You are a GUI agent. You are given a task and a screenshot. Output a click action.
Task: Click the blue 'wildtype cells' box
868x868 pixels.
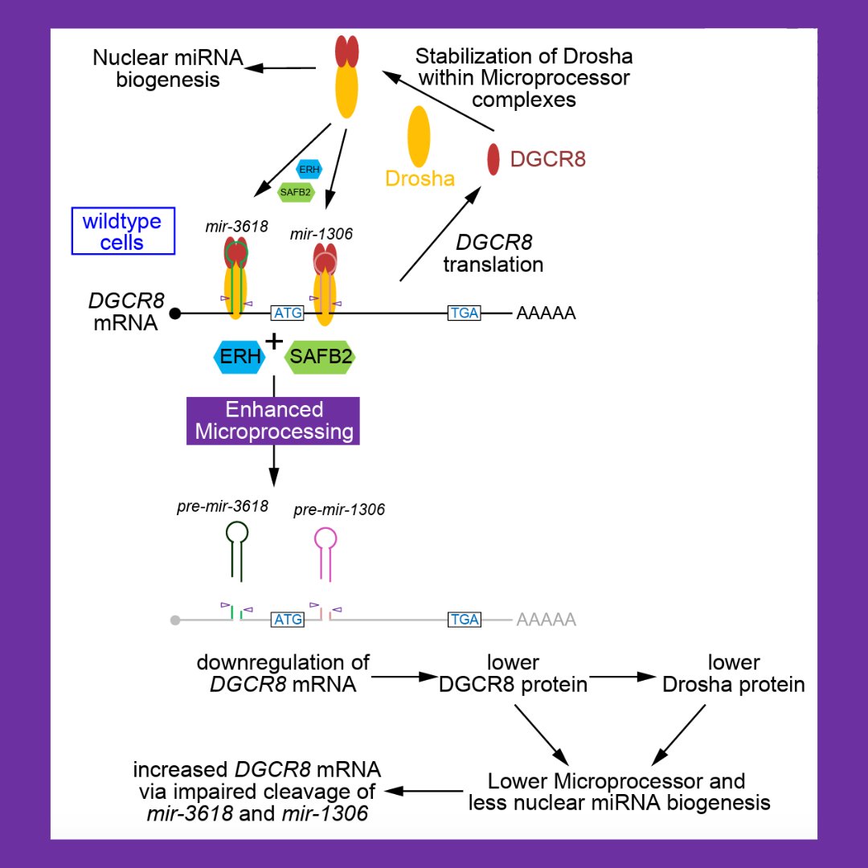122,231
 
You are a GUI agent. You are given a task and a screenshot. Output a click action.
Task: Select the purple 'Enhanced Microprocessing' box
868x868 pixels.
274,420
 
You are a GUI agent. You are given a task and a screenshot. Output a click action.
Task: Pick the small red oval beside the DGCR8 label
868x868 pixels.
493,159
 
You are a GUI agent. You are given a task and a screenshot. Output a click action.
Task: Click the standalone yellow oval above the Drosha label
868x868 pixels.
419,137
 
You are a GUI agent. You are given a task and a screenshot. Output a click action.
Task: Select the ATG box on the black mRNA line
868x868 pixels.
288,313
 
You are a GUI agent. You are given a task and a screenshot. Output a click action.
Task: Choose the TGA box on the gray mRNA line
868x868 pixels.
465,620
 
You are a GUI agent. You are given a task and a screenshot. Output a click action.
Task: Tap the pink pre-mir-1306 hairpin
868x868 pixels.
325,551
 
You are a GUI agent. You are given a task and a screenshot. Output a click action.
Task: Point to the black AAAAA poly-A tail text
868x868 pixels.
546,313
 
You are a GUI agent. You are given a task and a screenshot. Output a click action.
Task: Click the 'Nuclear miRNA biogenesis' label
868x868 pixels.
167,68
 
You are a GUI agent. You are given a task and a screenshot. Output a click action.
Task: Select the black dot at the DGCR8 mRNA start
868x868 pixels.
174,313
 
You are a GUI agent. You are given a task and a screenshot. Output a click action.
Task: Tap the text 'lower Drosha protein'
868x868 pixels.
732,674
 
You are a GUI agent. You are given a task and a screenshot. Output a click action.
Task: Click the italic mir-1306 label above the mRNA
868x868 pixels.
321,234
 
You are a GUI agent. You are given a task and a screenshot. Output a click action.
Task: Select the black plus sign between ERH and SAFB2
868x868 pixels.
275,342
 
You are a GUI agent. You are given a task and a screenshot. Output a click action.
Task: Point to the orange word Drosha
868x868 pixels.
420,178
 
